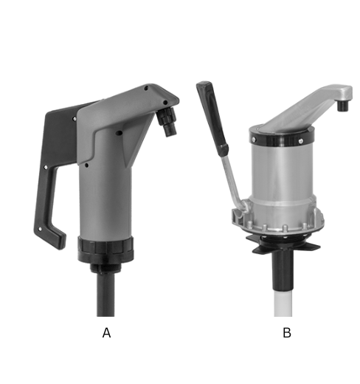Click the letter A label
[x=106, y=333]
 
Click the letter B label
[x=286, y=333]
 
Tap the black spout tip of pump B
[x=342, y=106]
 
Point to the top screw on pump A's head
[x=147, y=88]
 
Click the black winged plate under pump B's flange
[x=285, y=246]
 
